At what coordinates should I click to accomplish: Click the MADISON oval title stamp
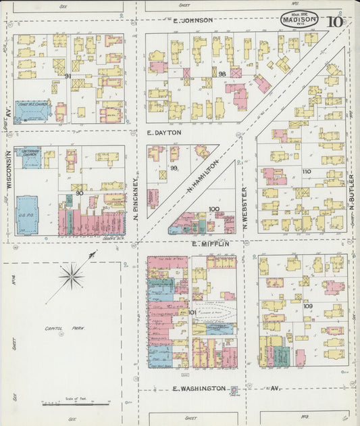click(299, 19)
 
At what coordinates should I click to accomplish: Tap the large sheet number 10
click(334, 20)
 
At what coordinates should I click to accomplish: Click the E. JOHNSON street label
click(192, 20)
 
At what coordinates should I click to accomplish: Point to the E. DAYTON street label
click(164, 133)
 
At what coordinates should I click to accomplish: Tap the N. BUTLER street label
click(351, 192)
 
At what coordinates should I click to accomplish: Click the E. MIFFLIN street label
click(211, 243)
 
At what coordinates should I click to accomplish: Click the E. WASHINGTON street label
click(199, 389)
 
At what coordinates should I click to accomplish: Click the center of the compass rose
click(72, 276)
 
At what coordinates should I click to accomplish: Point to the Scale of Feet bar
click(75, 404)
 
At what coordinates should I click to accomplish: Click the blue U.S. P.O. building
click(28, 214)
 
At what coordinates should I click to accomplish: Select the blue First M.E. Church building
click(32, 110)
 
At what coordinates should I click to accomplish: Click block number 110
click(306, 172)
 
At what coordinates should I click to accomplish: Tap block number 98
click(222, 73)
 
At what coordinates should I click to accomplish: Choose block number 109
click(307, 306)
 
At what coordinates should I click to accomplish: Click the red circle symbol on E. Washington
click(234, 390)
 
